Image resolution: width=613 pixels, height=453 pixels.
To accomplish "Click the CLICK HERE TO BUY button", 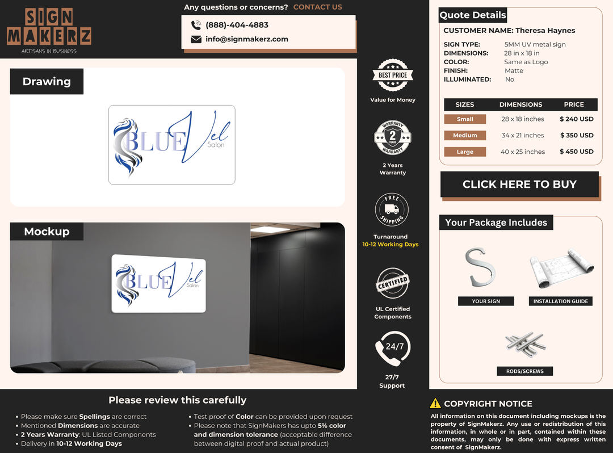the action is click(x=519, y=184).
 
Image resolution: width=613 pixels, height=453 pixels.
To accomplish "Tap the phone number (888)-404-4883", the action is click(x=237, y=25).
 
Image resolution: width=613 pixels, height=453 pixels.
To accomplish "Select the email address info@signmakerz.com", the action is click(x=247, y=39).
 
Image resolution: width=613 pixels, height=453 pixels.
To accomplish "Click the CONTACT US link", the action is click(x=317, y=7).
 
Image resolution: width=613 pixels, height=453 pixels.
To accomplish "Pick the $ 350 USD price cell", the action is click(x=577, y=135).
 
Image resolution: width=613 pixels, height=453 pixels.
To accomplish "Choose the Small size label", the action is click(x=465, y=119).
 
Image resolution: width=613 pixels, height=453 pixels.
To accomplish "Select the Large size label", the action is click(x=465, y=152).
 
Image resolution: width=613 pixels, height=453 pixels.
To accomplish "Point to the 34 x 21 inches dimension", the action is click(x=523, y=135).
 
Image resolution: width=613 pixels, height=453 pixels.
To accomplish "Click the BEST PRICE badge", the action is click(x=393, y=75).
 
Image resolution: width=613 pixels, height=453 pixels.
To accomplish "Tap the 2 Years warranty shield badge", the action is click(x=393, y=137).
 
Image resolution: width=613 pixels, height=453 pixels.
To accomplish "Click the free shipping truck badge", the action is click(x=392, y=209).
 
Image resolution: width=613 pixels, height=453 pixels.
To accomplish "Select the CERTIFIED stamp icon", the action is click(x=393, y=283).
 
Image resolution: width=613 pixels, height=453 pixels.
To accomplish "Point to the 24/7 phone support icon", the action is click(x=393, y=348).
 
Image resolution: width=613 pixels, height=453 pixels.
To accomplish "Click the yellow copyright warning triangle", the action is click(x=435, y=404).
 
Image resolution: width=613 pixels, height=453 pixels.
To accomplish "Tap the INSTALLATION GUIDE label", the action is click(x=561, y=301).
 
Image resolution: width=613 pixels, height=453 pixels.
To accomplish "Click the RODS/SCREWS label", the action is click(x=524, y=371).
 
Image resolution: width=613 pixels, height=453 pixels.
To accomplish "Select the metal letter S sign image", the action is click(x=480, y=267).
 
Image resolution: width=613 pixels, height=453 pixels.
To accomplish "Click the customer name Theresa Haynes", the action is click(x=545, y=31).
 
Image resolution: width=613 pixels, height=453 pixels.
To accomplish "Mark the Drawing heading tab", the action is click(x=47, y=81).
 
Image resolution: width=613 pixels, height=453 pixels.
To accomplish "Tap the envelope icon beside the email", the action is click(x=196, y=39).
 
